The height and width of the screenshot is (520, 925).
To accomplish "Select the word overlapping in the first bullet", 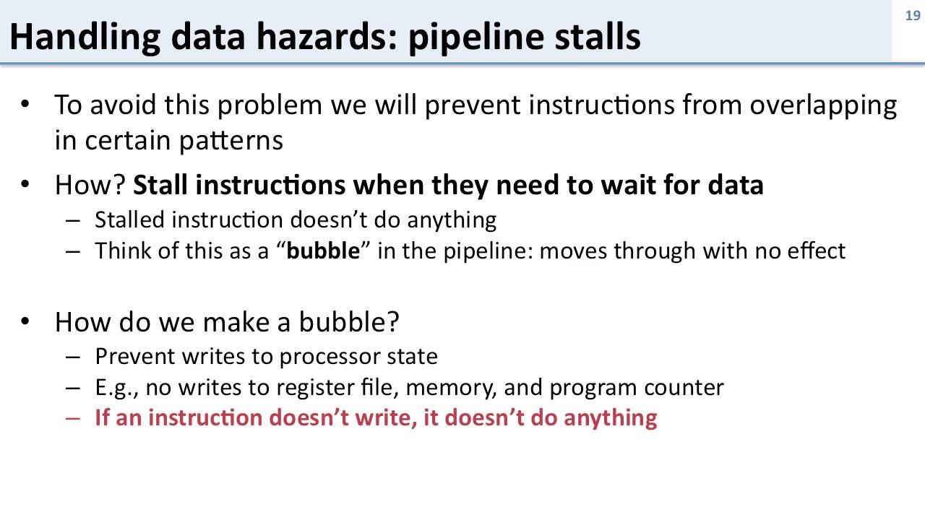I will tap(822, 105).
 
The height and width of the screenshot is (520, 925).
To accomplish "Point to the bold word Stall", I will tap(160, 186).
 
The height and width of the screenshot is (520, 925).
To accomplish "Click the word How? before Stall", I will tap(91, 186).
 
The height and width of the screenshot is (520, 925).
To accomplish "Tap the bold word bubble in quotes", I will tap(323, 251).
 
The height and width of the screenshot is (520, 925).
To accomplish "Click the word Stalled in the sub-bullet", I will tap(130, 220).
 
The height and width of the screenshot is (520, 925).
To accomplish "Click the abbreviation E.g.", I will tap(116, 388).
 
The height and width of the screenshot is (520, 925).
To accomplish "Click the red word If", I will tap(102, 418).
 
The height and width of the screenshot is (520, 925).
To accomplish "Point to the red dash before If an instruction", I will tap(73, 419).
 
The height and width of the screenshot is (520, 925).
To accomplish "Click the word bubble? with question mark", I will tap(356, 321).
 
